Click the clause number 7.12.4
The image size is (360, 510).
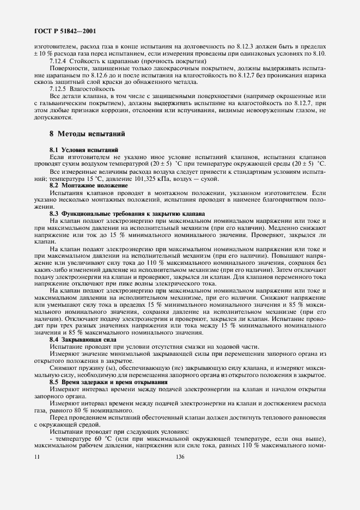coord(59,61)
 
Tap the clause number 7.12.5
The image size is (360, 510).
coord(59,89)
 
